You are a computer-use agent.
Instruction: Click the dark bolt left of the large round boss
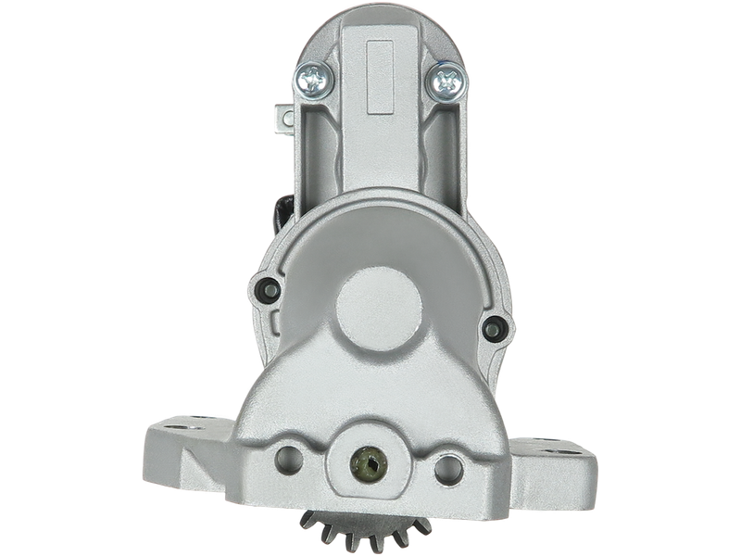(268, 286)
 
